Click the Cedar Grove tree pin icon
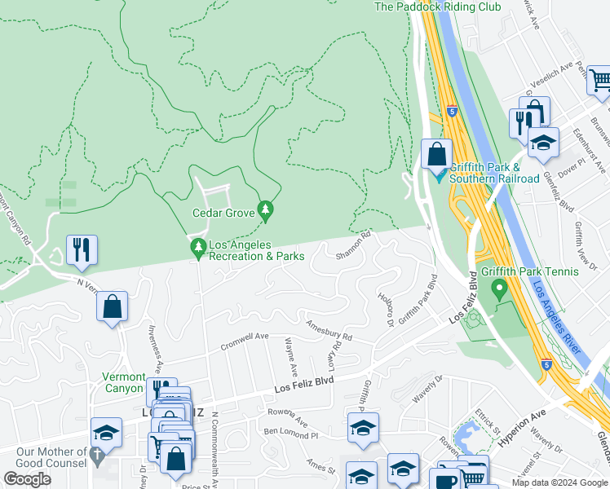[265, 211]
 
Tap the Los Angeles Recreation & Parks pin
[197, 247]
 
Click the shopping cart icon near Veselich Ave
[599, 81]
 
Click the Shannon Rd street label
[355, 244]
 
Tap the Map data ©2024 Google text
[560, 482]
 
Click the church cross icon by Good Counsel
[98, 456]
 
